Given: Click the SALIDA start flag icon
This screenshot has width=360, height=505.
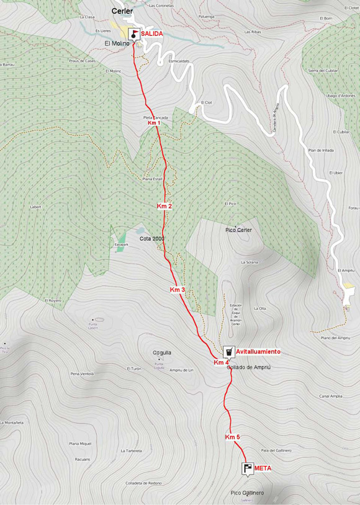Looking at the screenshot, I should tap(134, 34).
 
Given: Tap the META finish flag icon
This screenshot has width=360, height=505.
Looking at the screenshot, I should tap(248, 468).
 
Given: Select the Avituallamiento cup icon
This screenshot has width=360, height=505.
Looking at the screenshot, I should tap(228, 352).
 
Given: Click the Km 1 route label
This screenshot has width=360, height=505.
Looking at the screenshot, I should tap(154, 123).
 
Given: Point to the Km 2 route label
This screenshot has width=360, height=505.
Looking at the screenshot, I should tap(164, 205).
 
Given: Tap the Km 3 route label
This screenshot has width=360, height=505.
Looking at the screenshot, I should tap(178, 290).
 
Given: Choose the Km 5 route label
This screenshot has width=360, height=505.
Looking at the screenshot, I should tap(232, 437).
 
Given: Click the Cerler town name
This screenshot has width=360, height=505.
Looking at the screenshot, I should tap(122, 11).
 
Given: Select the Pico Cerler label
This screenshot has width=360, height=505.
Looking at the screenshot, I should tap(238, 230).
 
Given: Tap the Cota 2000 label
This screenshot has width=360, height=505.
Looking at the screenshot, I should tap(152, 238).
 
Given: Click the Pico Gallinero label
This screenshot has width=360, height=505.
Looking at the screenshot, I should tap(247, 493).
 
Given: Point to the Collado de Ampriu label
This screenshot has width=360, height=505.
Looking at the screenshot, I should tap(249, 368).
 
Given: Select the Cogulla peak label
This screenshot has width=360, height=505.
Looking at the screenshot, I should tap(162, 352).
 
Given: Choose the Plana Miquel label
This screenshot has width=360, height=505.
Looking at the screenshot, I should tap(80, 444).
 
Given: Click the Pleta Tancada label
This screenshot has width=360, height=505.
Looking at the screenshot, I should tap(155, 117).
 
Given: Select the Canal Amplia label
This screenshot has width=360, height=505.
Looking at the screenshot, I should tap(331, 396).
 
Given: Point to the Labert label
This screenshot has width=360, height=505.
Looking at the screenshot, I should tap(35, 207).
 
